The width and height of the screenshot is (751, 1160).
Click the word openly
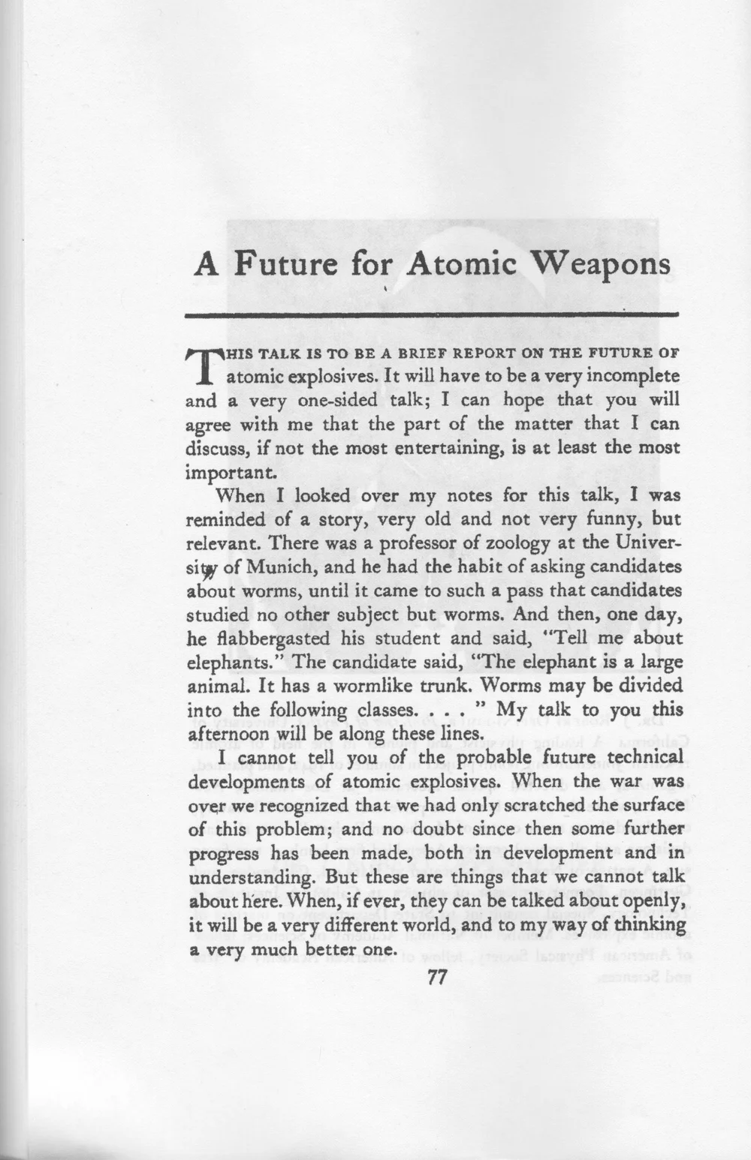tap(649, 901)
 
